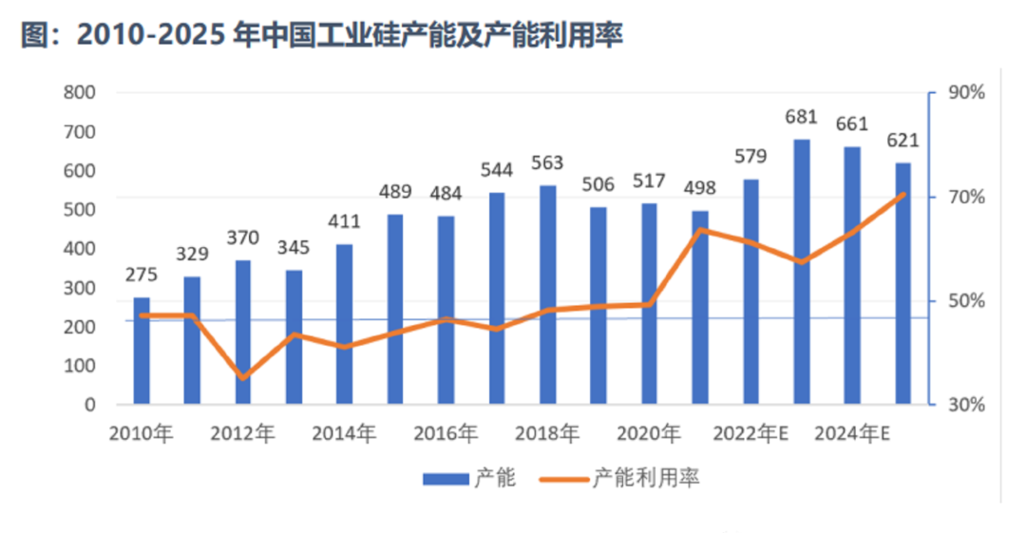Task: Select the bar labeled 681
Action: click(x=801, y=272)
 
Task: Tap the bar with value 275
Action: click(x=142, y=351)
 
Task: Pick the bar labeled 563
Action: click(x=547, y=295)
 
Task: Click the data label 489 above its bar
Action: click(x=394, y=192)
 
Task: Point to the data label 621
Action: click(x=902, y=141)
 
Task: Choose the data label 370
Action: click(x=242, y=238)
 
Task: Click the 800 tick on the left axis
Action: click(x=81, y=93)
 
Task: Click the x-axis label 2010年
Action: click(x=142, y=433)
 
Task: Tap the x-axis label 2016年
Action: click(x=446, y=433)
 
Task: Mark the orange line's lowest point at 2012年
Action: click(x=243, y=377)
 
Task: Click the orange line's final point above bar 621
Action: click(x=902, y=194)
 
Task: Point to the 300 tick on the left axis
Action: click(x=81, y=288)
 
